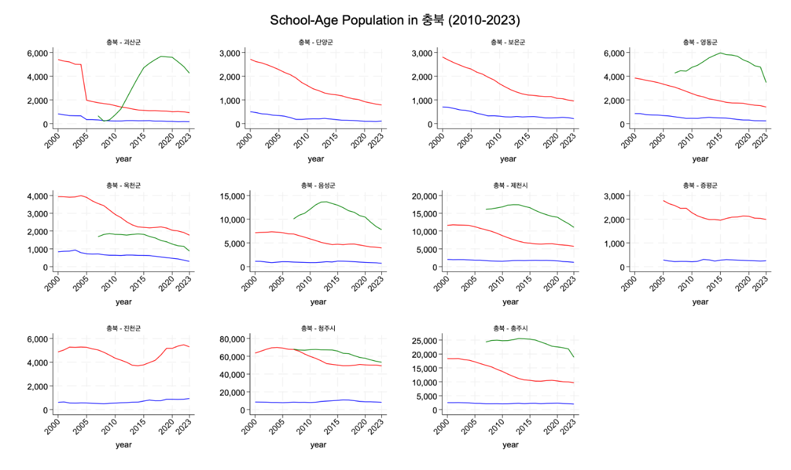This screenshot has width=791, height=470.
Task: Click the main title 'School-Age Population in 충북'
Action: pyautogui.click(x=395, y=20)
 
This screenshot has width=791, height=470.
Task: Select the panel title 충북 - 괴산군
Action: pyautogui.click(x=124, y=42)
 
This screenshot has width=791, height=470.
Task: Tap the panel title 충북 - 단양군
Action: pyautogui.click(x=316, y=42)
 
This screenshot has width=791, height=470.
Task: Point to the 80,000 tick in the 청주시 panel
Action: pyautogui.click(x=230, y=339)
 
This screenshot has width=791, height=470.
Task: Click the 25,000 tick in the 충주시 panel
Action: pyautogui.click(x=423, y=340)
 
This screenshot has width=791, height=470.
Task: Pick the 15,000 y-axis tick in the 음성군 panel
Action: pyautogui.click(x=230, y=196)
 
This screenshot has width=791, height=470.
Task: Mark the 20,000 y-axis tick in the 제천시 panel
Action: pyautogui.click(x=423, y=196)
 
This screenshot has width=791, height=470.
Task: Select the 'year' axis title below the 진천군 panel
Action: pyautogui.click(x=124, y=444)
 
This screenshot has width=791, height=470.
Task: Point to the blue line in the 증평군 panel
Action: pyautogui.click(x=710, y=260)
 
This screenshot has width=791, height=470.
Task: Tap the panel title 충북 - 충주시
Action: pyautogui.click(x=510, y=328)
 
